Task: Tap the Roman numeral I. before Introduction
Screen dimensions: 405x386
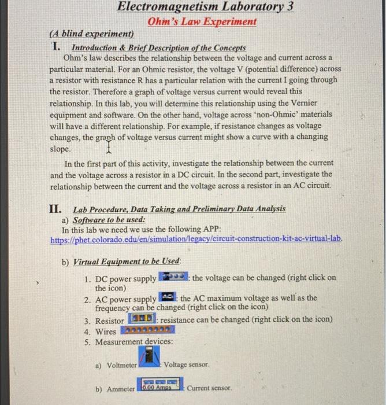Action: [56, 47]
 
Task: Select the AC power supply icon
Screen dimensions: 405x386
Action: [167, 298]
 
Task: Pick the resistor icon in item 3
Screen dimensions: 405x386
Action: [141, 319]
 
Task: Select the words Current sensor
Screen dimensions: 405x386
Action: [209, 388]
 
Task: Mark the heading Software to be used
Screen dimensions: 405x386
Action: [109, 220]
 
